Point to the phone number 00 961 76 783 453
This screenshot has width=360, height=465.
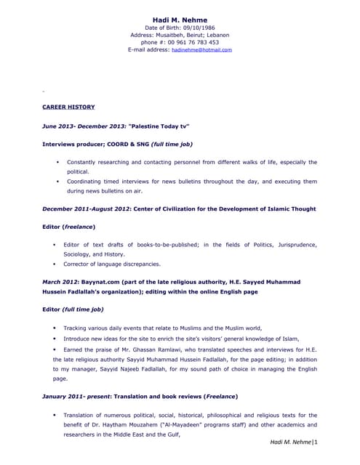191,42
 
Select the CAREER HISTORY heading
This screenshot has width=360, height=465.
68,107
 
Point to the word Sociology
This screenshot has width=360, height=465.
81,254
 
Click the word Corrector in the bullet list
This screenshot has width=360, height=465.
79,264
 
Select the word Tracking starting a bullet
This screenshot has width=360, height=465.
81,328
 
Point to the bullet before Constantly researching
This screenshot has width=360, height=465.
56,162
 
